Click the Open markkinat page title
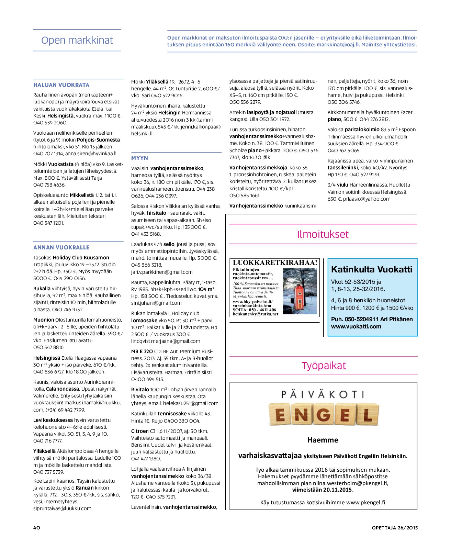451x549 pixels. tap(77, 41)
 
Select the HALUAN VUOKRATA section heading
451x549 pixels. tap(61, 85)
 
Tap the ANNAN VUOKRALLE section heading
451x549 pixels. tap(61, 247)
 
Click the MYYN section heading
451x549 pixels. tap(139, 158)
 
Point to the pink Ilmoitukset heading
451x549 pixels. tap(323, 234)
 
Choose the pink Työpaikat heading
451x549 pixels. tap(324, 366)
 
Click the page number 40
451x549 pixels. tap(37, 528)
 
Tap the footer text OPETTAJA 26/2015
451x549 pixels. tap(395, 528)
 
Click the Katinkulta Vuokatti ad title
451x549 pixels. tap(372, 269)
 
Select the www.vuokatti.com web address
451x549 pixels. tap(356, 326)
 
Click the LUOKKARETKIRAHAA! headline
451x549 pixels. tap(275, 262)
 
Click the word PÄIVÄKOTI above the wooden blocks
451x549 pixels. tap(323, 394)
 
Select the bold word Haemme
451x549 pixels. tap(323, 440)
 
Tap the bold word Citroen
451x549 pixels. tap(140, 431)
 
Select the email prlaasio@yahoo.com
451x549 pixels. tap(367, 199)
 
